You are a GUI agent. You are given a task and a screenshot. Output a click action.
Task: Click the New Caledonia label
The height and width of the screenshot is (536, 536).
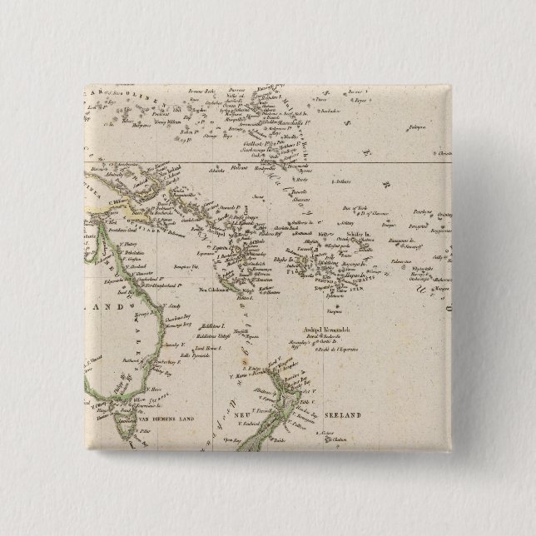pyautogui.click(x=213, y=290)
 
